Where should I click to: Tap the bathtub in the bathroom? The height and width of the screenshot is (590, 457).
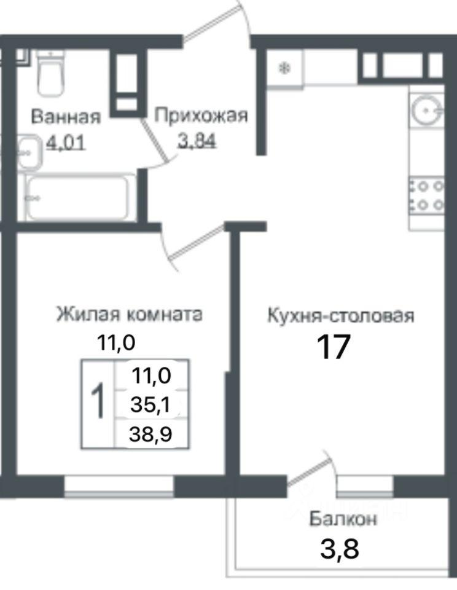coord(78,197)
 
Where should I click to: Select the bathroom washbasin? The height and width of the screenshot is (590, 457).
coord(29,153)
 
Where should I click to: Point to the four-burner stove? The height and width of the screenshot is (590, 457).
coord(426,195)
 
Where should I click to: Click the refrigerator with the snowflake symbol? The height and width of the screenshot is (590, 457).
coord(285,68)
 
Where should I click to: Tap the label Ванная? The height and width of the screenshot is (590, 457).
coord(66,117)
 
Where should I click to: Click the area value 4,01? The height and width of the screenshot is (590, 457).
coord(66,143)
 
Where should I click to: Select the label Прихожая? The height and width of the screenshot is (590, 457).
coord(201,116)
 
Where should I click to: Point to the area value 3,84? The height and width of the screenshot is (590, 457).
coord(197,141)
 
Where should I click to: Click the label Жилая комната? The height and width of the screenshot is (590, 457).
coord(130,314)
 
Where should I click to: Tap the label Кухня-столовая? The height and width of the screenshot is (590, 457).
coord(341,315)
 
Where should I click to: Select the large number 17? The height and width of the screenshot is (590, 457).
coord(334,347)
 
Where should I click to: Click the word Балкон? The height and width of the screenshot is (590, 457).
coord(343,519)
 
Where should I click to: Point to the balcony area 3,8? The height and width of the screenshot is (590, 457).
coord(340,549)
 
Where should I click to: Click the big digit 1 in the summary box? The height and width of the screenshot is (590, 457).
coord(98,400)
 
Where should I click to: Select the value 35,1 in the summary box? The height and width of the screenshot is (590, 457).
coord(150,405)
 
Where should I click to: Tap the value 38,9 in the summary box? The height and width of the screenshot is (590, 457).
coord(150,435)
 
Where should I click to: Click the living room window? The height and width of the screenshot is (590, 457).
coord(119,487)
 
